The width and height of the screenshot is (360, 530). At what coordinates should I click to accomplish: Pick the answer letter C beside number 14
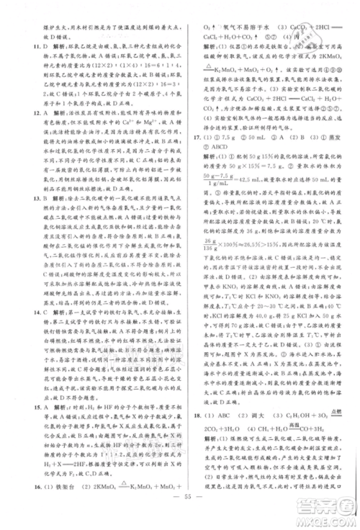point(38,314)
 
